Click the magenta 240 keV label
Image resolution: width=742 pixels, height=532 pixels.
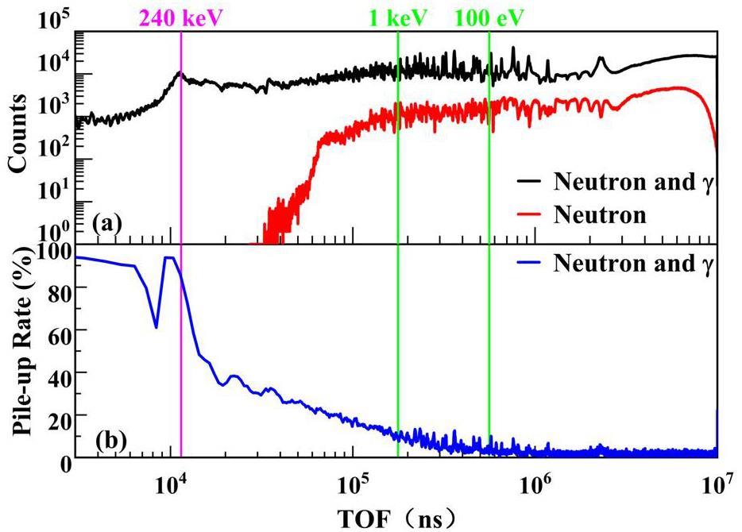(181, 16)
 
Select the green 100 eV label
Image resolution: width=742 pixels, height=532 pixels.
(489, 16)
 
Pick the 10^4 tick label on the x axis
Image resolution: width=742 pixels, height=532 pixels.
(171, 481)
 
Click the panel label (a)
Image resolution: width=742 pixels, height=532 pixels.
(106, 225)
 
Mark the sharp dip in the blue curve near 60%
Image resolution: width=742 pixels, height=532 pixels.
(156, 326)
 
